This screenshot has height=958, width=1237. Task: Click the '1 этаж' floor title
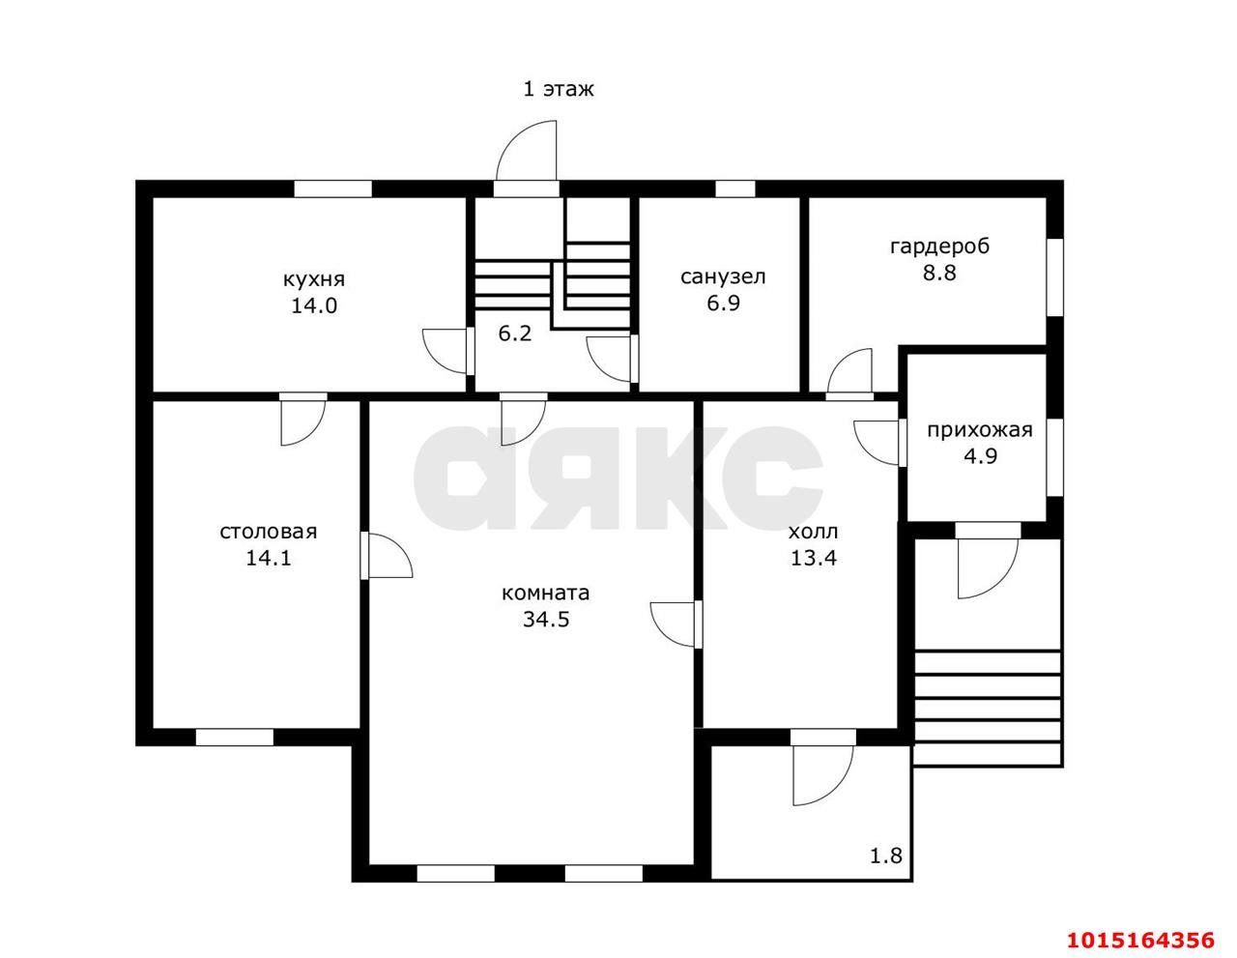click(x=558, y=89)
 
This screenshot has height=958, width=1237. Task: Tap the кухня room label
click(x=314, y=279)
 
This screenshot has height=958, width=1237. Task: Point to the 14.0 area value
click(x=314, y=305)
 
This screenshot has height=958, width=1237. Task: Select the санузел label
click(x=723, y=277)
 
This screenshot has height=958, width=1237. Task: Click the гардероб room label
click(x=940, y=247)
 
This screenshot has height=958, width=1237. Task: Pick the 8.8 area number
click(x=939, y=274)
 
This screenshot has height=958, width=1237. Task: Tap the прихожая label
click(x=980, y=430)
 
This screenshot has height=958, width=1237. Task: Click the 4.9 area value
click(x=980, y=456)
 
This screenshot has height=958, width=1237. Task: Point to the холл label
click(x=813, y=533)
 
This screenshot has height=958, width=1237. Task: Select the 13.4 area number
click(x=814, y=558)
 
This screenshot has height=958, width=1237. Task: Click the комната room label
click(x=545, y=594)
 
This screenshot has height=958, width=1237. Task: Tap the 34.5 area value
click(x=546, y=620)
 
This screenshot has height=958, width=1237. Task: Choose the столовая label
click(x=268, y=532)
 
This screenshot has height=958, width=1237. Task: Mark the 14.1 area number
click(x=268, y=558)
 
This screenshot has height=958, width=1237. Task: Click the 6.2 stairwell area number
click(x=514, y=333)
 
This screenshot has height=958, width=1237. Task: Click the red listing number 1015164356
click(x=1140, y=940)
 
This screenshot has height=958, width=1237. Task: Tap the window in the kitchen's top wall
click(x=333, y=189)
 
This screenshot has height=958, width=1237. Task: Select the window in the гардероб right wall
click(x=1055, y=277)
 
